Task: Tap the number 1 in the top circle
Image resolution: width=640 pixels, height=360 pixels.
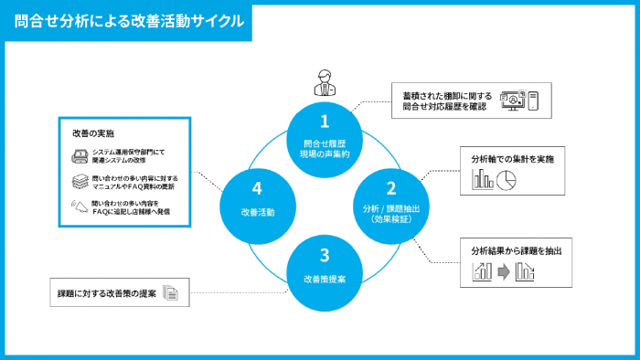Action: point(323,120)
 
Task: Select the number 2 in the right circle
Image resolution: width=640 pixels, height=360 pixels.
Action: point(390,189)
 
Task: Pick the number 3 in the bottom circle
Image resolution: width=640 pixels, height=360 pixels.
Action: point(324,257)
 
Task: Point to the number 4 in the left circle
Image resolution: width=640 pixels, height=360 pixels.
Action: point(257,189)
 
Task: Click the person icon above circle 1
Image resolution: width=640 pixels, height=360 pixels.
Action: point(324,81)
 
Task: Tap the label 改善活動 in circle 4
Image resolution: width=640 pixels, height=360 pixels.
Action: point(257,211)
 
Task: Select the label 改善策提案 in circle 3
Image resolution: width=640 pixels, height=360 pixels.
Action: point(324,278)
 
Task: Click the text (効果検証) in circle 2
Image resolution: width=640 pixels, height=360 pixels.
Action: point(390,219)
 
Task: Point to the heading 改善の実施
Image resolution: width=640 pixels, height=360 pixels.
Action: point(92,133)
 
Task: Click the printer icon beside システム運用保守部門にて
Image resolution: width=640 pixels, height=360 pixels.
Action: point(80,154)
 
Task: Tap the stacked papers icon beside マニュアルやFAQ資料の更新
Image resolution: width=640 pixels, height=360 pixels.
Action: point(80,181)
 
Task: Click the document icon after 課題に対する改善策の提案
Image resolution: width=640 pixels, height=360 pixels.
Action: point(171,293)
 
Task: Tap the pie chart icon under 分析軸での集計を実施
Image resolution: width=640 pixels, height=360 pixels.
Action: point(507,180)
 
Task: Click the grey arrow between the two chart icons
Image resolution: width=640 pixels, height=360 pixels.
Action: point(503,271)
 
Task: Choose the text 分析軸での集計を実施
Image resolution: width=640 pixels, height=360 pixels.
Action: point(512,158)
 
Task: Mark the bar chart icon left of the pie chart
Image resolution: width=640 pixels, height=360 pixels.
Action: point(483,180)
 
